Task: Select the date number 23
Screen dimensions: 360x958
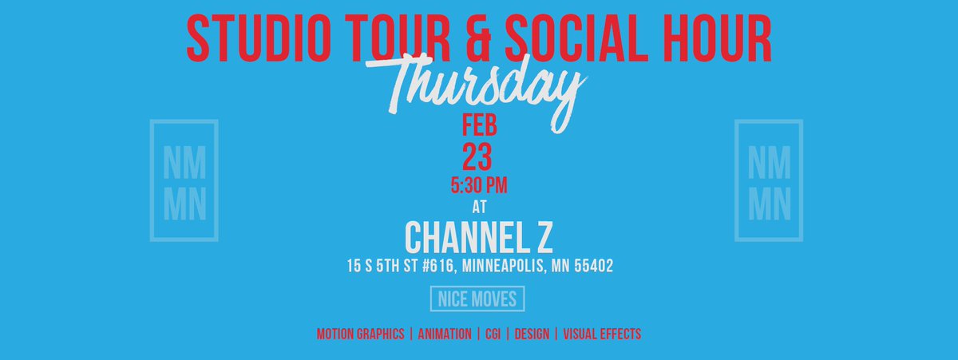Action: point(480,156)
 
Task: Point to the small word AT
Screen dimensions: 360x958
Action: point(480,207)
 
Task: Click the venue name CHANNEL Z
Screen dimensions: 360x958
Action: point(480,236)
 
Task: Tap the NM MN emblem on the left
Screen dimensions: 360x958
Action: point(184,180)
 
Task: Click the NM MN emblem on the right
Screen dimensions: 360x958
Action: point(769,180)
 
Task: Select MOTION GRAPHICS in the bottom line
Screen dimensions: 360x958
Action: point(360,334)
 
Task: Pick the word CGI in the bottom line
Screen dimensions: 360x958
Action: point(493,334)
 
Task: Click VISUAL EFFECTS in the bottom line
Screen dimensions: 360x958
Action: point(602,334)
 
